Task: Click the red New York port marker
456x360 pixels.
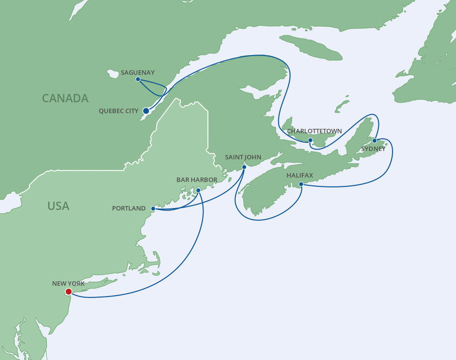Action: (x=68, y=292)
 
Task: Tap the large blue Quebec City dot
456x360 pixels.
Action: (x=146, y=111)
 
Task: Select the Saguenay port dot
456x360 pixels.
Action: (x=138, y=79)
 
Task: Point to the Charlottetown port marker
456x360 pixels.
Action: (x=310, y=140)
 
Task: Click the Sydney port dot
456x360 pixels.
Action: (x=374, y=141)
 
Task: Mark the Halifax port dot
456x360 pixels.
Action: (x=301, y=184)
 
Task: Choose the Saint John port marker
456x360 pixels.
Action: (x=244, y=167)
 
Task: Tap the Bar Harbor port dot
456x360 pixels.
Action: (x=198, y=190)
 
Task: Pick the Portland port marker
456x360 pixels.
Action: (x=153, y=209)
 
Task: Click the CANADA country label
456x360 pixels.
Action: (x=65, y=98)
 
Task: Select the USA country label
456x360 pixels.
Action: (x=58, y=206)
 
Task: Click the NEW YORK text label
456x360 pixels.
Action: (x=68, y=284)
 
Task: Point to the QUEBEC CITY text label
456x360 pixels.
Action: (x=118, y=111)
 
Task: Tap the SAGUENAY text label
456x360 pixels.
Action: (x=138, y=72)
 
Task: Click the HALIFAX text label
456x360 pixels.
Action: (x=300, y=175)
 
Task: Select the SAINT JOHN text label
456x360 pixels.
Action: (x=243, y=157)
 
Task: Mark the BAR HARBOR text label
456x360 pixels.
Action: (x=197, y=180)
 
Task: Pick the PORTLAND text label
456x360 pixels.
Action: (x=129, y=209)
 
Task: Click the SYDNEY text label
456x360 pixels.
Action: (x=373, y=149)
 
